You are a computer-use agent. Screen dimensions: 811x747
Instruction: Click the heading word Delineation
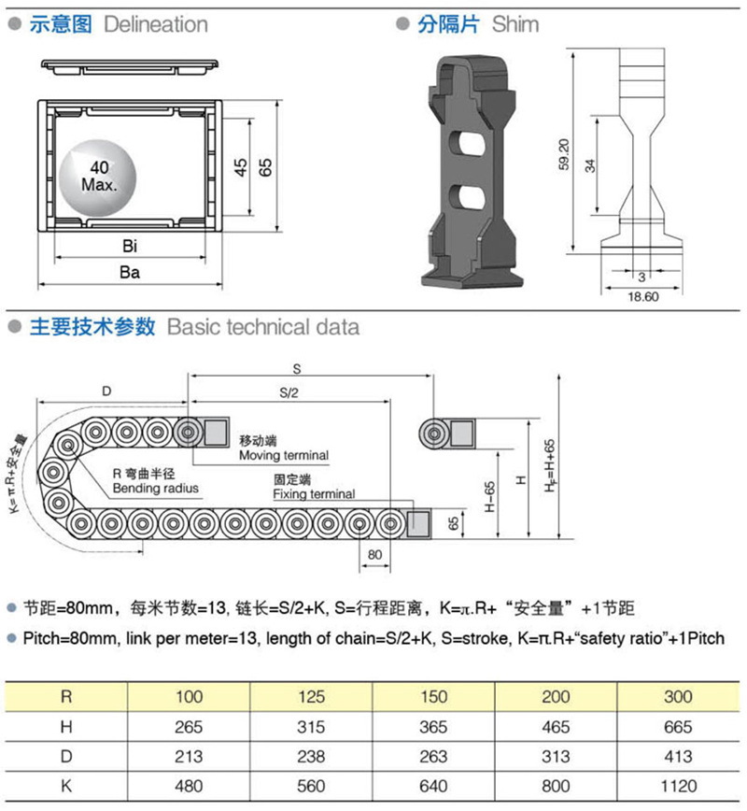(156, 24)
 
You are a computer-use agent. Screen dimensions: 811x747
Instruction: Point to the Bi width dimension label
(130, 247)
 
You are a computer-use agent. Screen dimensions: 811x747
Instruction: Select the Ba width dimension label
(130, 273)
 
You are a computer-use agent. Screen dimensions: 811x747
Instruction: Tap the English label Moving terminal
(284, 455)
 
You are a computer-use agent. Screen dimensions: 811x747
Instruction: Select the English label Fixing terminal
(314, 493)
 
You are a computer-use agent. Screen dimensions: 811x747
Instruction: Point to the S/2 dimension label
(289, 392)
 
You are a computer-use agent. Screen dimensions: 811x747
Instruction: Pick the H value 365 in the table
(433, 726)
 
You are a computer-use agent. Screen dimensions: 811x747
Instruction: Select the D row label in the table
(66, 756)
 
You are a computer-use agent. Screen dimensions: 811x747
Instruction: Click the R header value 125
(311, 696)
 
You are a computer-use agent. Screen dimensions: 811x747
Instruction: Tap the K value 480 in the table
(188, 786)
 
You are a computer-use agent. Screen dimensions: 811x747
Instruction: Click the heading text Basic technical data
(262, 327)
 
